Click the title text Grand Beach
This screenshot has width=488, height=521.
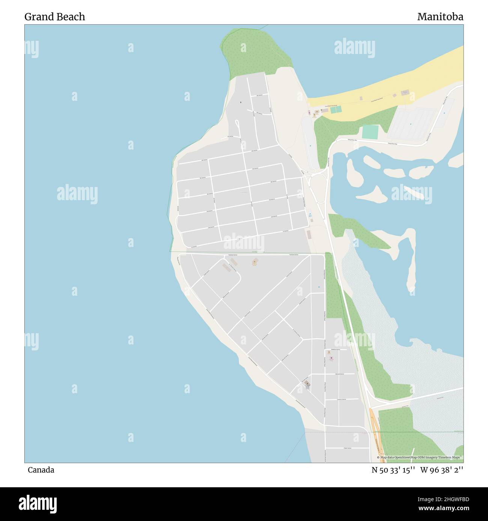[x=55, y=17]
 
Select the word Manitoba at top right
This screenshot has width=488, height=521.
[x=440, y=17]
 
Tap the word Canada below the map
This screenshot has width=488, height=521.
[x=41, y=470]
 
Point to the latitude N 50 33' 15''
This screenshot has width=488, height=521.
[x=393, y=470]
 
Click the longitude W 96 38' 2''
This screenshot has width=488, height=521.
[x=442, y=470]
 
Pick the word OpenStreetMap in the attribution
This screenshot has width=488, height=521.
[x=408, y=458]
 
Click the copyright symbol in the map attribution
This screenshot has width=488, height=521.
[x=378, y=458]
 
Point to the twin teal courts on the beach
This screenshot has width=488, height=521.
[x=336, y=109]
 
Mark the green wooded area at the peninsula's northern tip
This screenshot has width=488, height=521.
[x=255, y=52]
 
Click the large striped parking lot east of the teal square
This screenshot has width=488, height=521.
[x=411, y=124]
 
